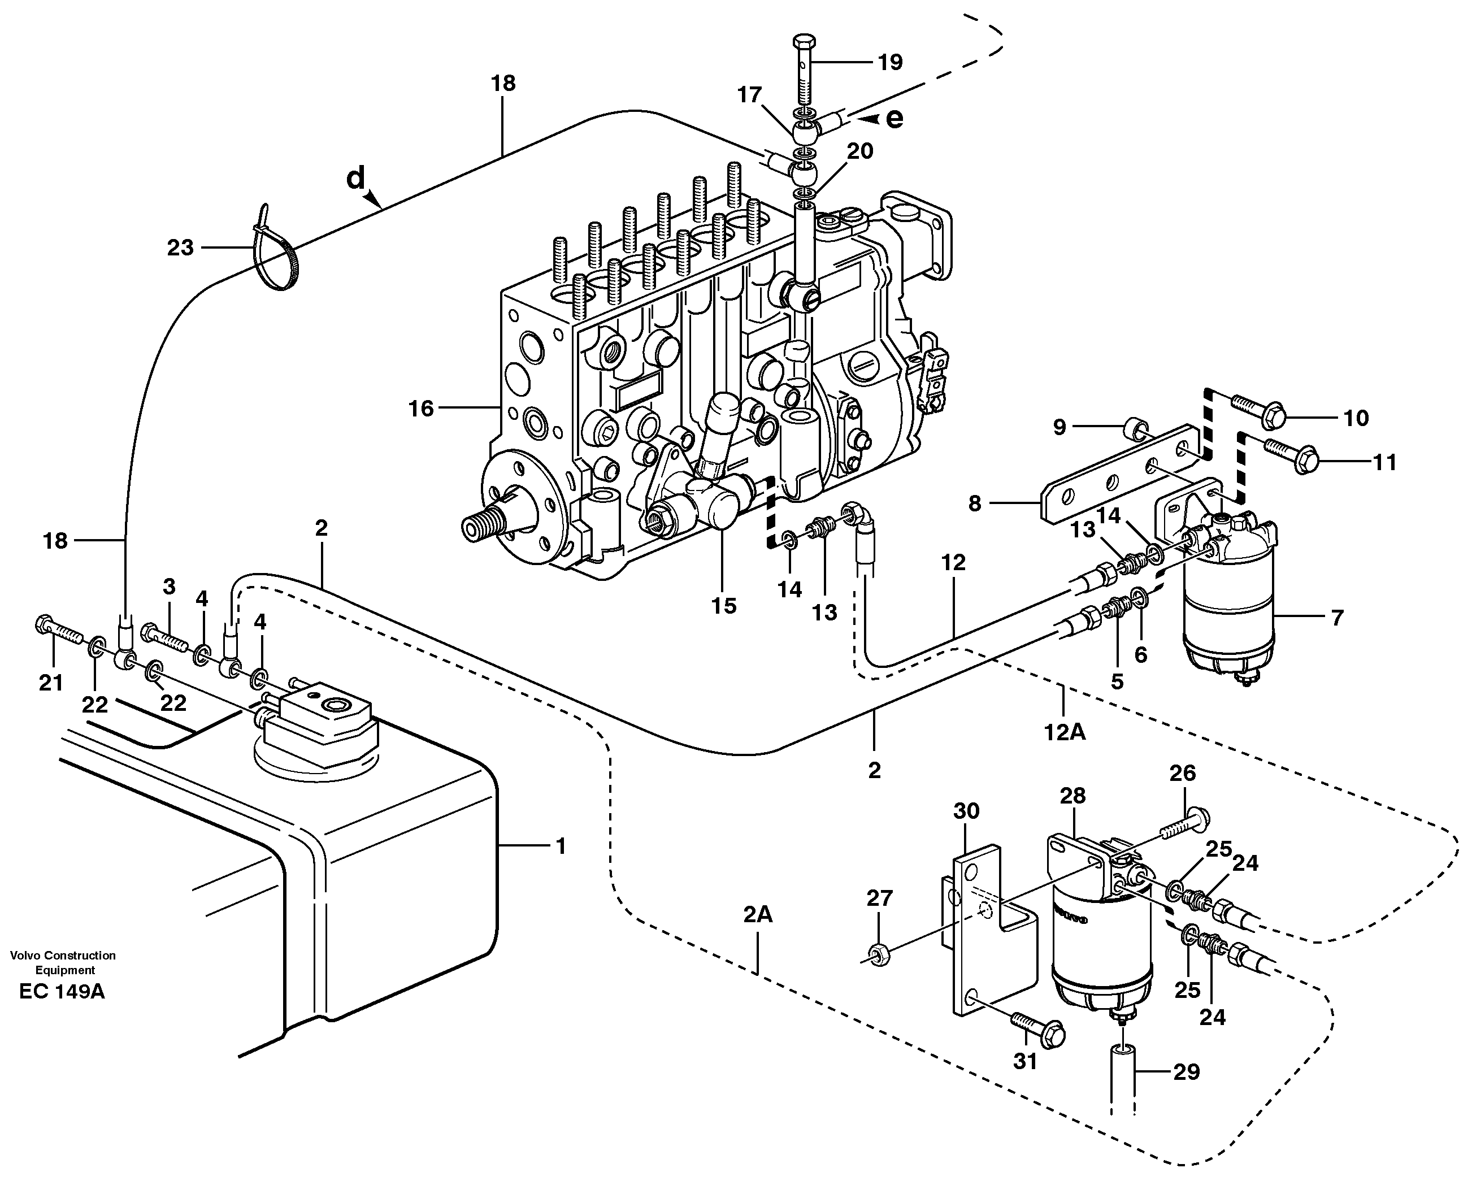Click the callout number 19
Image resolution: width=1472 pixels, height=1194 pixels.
coord(890,63)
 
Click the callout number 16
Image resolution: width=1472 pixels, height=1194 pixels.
coord(421,409)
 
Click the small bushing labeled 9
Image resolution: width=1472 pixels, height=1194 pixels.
coord(1136,431)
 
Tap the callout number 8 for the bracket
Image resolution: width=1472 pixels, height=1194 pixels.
coord(974,504)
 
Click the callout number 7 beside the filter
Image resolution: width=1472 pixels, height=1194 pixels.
coord(1336,618)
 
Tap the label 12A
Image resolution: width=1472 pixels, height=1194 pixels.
coord(1065,732)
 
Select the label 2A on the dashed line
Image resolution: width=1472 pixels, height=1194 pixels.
coord(757,915)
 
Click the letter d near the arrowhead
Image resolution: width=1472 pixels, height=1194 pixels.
coord(355,180)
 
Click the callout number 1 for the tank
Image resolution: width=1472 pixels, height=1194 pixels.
coord(561,846)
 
